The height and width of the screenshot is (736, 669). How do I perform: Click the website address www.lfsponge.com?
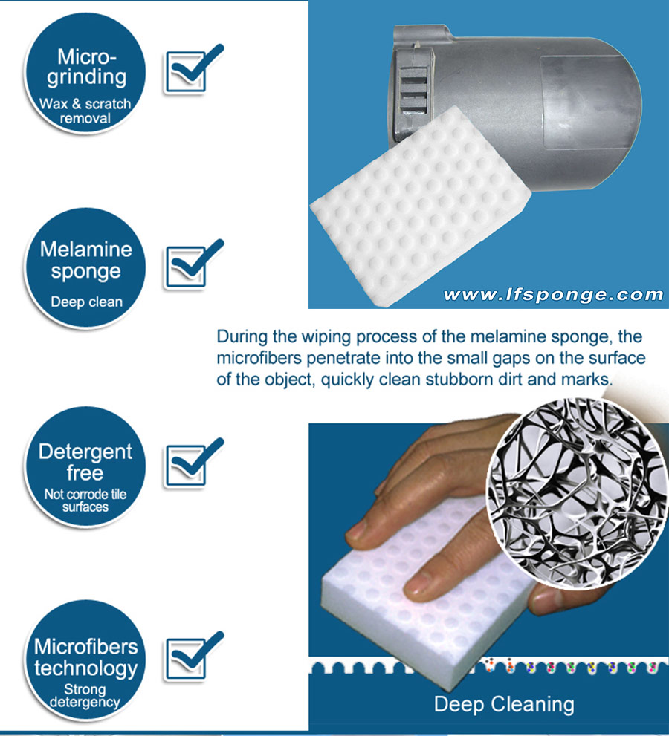tap(552, 295)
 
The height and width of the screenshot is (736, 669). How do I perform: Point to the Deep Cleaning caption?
tap(503, 703)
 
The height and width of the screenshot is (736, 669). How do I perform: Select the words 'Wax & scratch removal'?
tap(85, 111)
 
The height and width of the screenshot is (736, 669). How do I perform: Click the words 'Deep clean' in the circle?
tap(85, 302)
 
